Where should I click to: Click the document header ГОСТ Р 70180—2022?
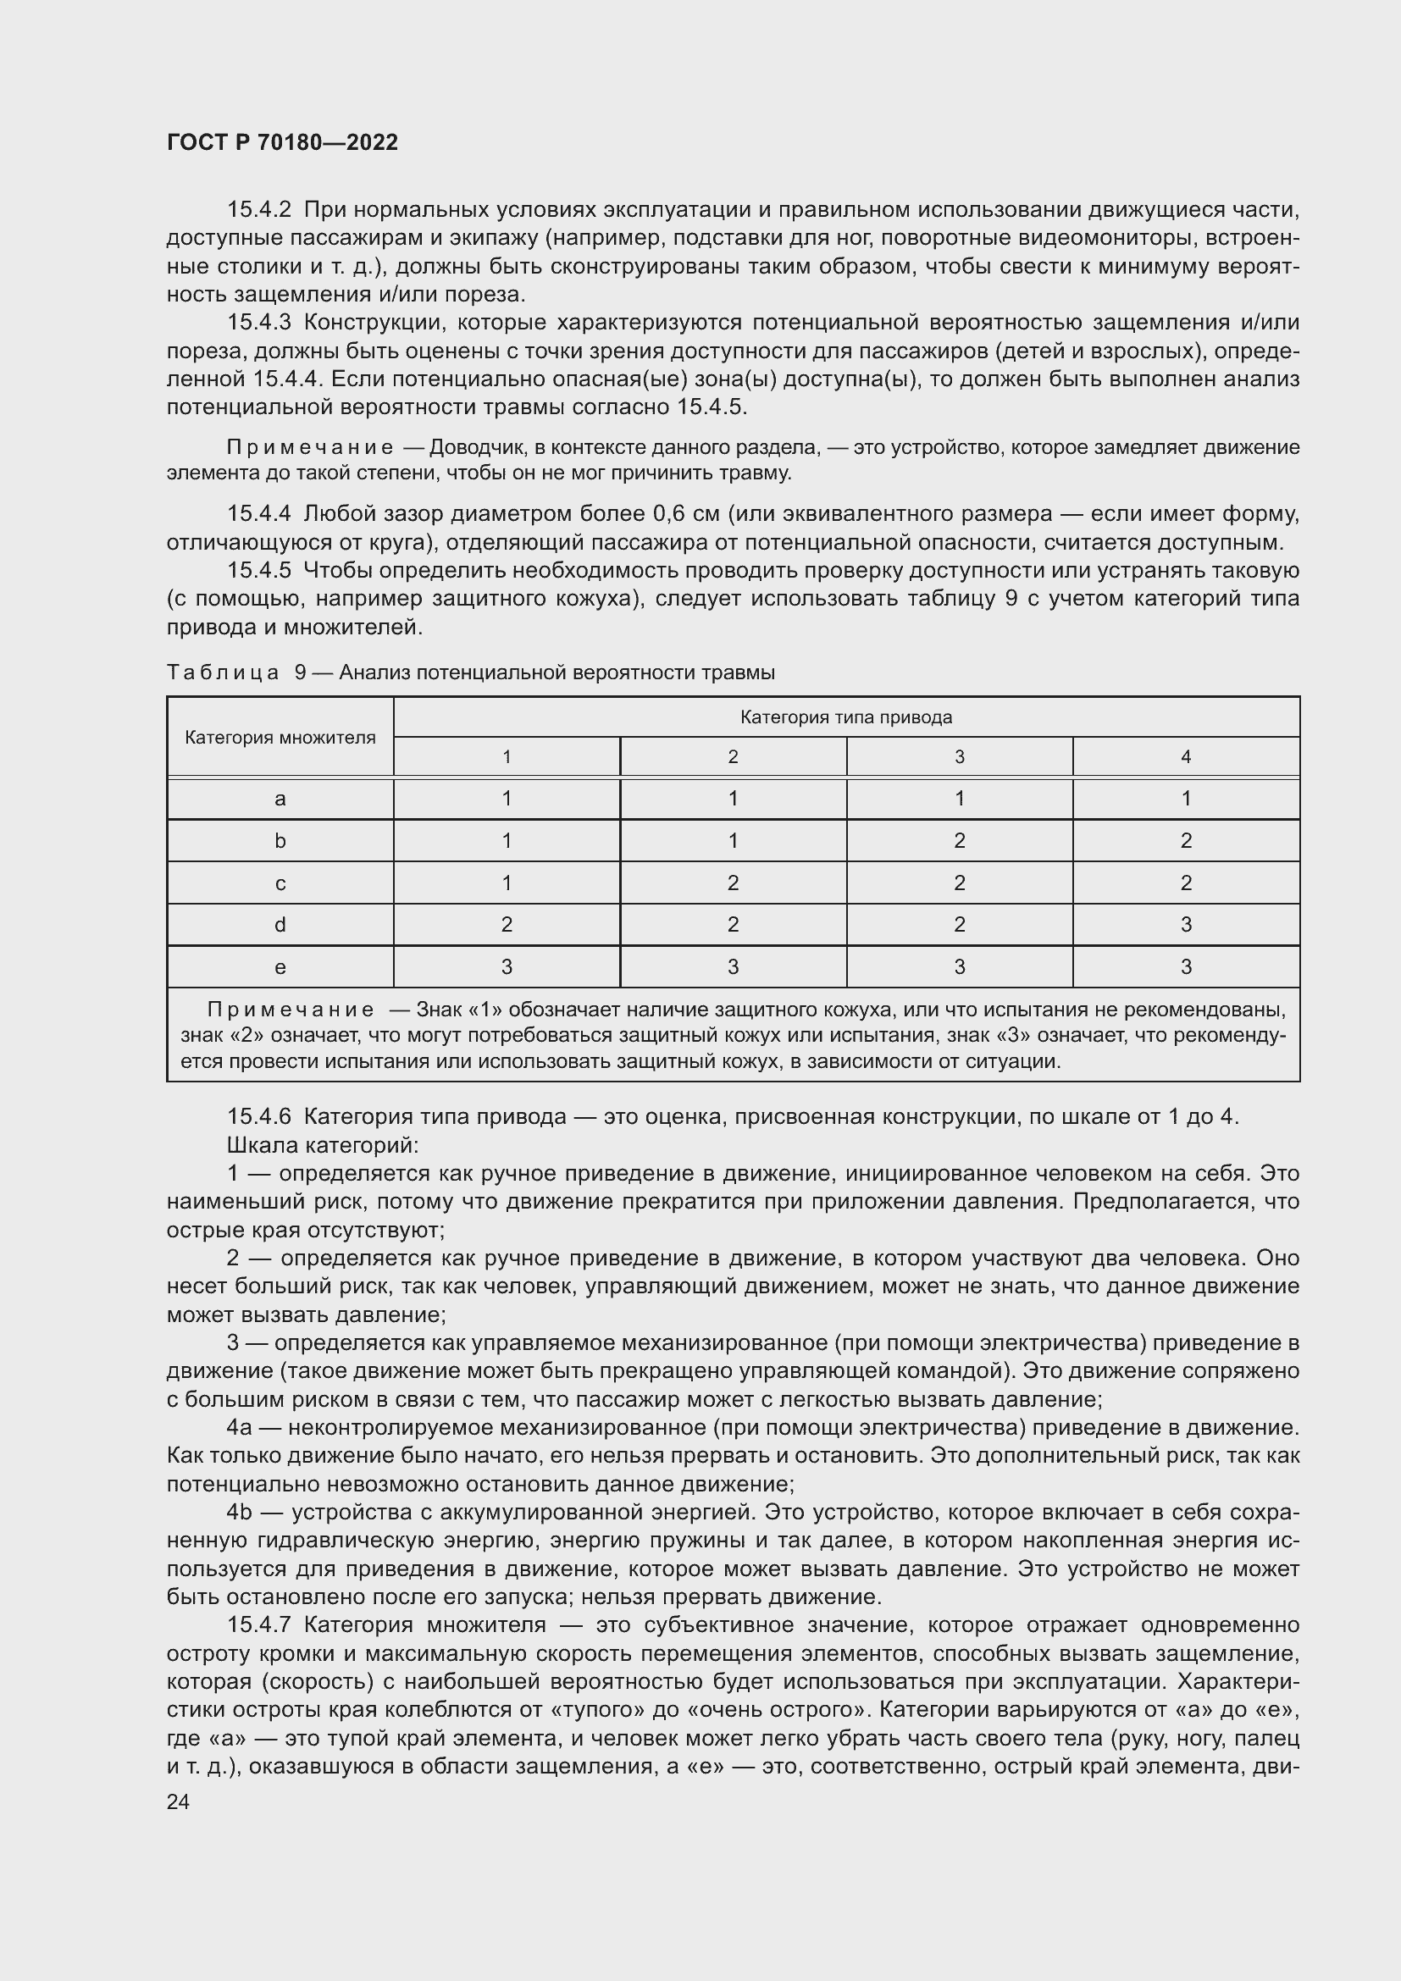(x=282, y=142)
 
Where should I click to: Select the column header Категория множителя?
(x=280, y=738)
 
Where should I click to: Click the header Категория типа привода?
(x=845, y=717)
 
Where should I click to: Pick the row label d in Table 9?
(x=280, y=925)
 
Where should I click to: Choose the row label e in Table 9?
(x=280, y=967)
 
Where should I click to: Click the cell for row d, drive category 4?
(x=1185, y=925)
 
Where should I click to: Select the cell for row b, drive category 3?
(x=960, y=840)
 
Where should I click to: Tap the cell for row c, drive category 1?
(x=507, y=883)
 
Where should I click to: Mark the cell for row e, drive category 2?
(x=733, y=967)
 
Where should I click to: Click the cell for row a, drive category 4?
(x=1185, y=798)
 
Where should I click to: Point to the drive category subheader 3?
(x=960, y=756)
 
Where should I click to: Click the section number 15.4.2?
(x=259, y=210)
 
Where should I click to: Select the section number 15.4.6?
(x=259, y=1116)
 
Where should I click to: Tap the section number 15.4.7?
(x=259, y=1624)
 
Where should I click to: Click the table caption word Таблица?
(x=223, y=672)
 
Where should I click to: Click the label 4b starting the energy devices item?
(x=239, y=1512)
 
